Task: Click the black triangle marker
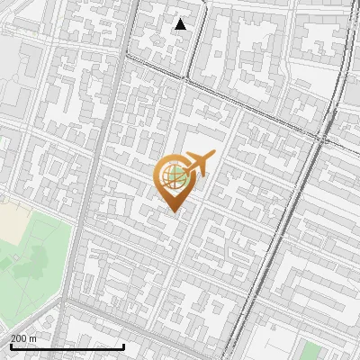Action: point(181,24)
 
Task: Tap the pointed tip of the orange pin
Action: point(173,211)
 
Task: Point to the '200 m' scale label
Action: point(23,337)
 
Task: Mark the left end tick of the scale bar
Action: point(10,346)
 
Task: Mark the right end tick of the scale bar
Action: point(124,346)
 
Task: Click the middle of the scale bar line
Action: point(67,346)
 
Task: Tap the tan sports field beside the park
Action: point(13,221)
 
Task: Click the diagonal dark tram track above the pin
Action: point(225,94)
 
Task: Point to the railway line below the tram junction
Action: point(288,225)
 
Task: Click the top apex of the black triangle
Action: point(181,18)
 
